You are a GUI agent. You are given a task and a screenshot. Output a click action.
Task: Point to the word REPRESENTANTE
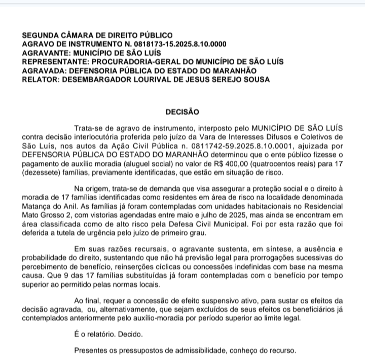[55, 61]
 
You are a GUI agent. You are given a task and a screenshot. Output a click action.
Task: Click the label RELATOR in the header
[40, 79]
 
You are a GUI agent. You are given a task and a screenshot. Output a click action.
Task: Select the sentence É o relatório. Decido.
[108, 335]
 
